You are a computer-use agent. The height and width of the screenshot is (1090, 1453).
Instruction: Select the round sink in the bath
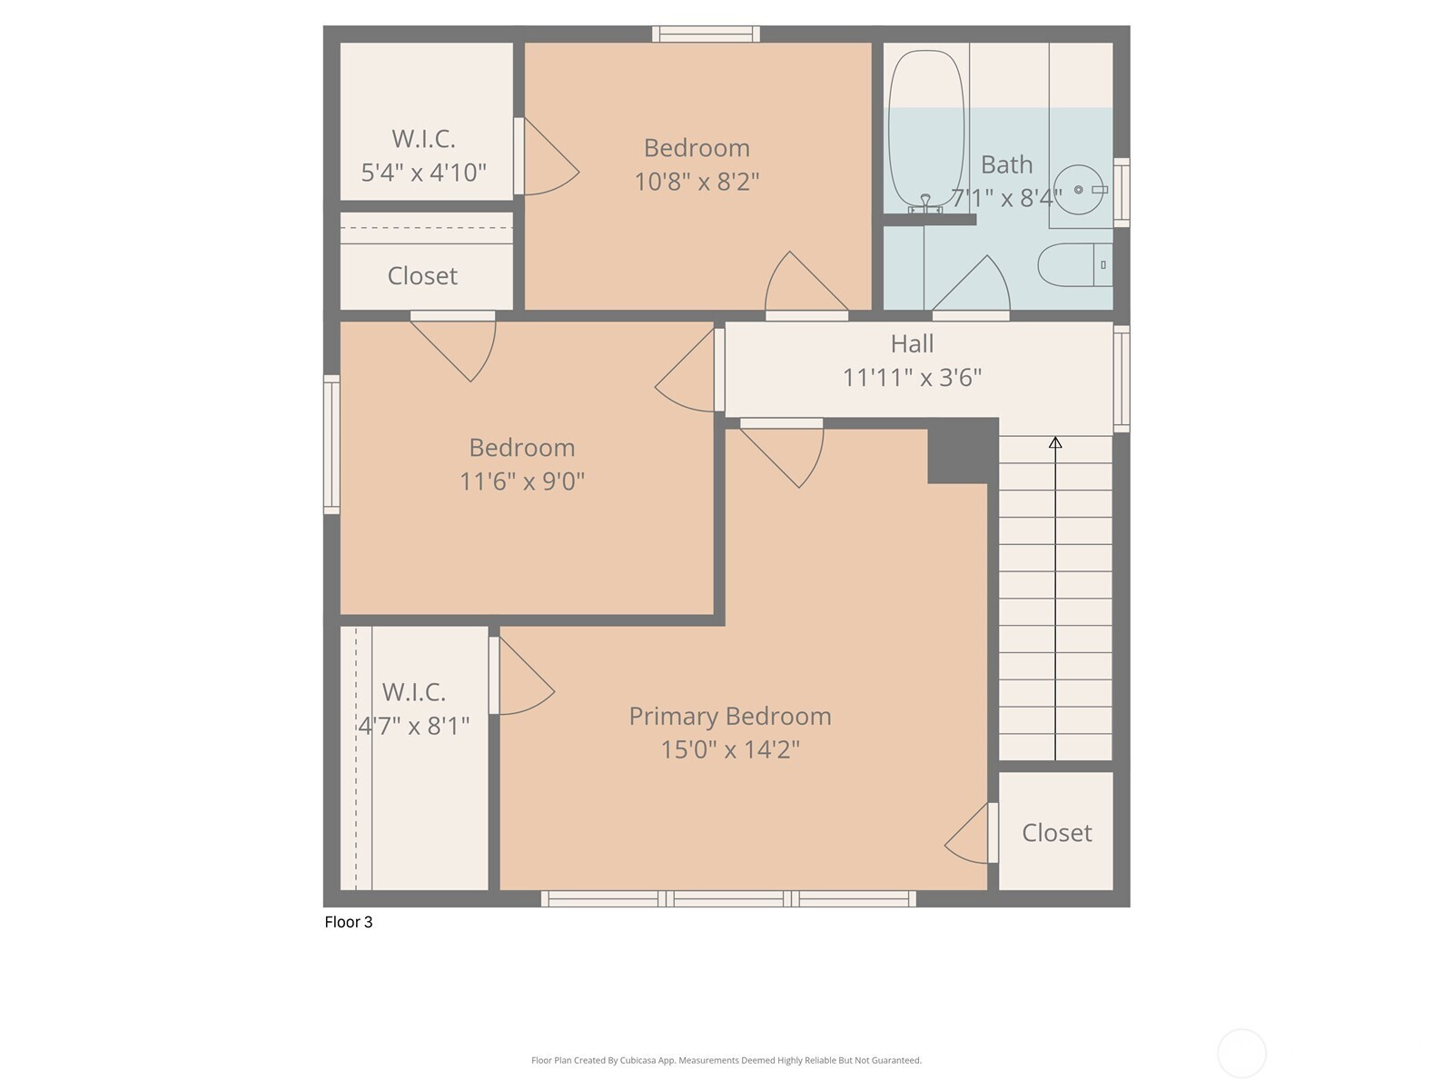click(x=1078, y=190)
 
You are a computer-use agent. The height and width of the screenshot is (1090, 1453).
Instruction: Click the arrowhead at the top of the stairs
click(x=1055, y=442)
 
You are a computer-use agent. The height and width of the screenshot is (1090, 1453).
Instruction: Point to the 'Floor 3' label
click(x=348, y=922)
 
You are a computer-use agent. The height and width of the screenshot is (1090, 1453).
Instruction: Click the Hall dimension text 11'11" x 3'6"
click(x=912, y=378)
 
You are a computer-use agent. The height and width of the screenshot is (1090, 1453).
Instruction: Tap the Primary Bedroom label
click(x=729, y=717)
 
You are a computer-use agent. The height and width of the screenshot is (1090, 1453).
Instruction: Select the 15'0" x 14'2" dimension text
click(x=730, y=750)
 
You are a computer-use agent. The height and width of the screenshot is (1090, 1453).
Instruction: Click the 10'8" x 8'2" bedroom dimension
click(x=697, y=182)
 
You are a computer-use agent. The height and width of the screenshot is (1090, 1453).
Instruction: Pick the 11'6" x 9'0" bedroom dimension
click(x=521, y=481)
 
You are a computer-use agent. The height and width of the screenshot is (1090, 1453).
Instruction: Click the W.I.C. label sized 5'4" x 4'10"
click(x=423, y=139)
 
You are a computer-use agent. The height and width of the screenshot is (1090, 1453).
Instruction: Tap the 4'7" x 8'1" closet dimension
click(x=414, y=726)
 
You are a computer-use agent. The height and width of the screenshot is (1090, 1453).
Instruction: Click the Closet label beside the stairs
click(x=1056, y=833)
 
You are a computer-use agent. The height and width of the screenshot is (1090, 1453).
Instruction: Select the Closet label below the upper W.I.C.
click(x=422, y=276)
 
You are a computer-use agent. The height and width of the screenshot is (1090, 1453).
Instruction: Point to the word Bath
click(x=1006, y=164)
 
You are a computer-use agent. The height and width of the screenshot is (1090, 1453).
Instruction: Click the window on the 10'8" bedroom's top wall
click(x=706, y=34)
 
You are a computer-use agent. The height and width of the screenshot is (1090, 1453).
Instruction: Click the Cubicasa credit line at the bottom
click(x=726, y=1060)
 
